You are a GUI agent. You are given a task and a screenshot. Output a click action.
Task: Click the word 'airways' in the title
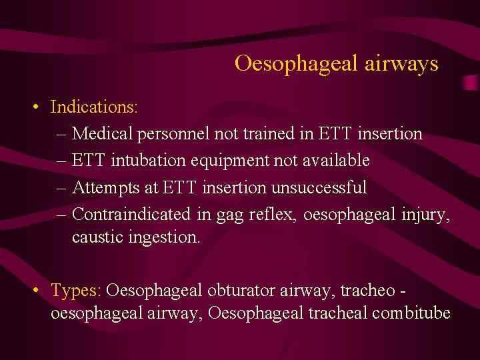(x=402, y=63)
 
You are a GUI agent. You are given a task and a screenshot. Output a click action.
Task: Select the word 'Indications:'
(x=94, y=107)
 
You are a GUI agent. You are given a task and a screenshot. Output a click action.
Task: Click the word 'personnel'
(x=173, y=134)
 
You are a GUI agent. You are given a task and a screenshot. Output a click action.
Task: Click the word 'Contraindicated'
(x=131, y=213)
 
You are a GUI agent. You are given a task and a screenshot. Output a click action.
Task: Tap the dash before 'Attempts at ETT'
(x=61, y=187)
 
